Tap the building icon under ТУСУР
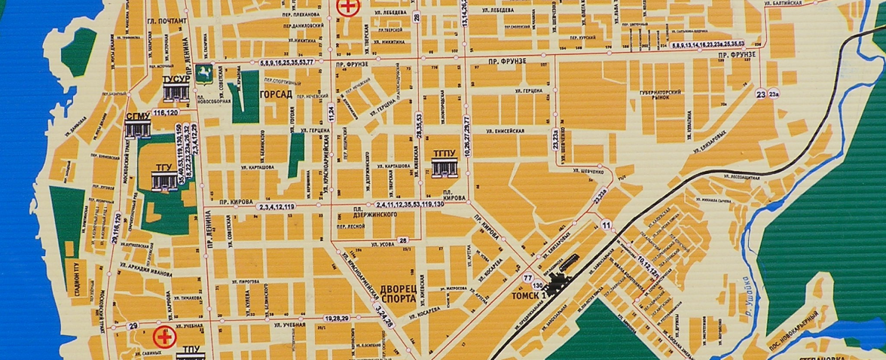tap(176, 93)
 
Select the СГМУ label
tap(138, 116)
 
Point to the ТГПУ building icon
tap(445, 169)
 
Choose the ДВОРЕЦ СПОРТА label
tap(399, 292)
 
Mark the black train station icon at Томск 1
tap(561, 283)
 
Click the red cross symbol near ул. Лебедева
tap(347, 8)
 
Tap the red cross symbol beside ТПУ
tap(163, 335)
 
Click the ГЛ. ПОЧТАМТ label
tap(167, 21)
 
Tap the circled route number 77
tap(538, 277)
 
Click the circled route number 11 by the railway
tap(606, 225)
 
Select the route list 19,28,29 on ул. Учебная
tap(336, 319)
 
